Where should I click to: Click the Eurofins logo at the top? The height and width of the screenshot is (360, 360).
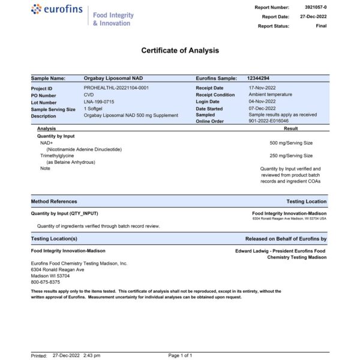click(x=58, y=10)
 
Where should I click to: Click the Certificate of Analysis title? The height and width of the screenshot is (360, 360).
click(x=180, y=50)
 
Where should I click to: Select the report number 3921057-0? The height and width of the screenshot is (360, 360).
click(x=316, y=7)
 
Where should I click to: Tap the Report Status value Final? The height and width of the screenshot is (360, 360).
click(x=321, y=26)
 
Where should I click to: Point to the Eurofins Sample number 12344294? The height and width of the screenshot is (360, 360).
click(x=258, y=79)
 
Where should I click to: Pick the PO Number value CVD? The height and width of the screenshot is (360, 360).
click(x=89, y=95)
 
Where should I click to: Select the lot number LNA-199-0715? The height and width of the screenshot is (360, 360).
click(x=99, y=102)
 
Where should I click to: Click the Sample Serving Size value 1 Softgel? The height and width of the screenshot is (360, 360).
click(x=96, y=109)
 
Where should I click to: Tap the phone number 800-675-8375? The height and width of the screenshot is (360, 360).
click(x=46, y=282)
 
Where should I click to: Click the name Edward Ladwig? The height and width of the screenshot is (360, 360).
click(x=254, y=251)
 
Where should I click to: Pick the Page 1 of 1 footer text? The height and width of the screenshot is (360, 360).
click(x=180, y=356)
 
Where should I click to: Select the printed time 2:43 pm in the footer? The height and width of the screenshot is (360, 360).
click(x=92, y=356)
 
